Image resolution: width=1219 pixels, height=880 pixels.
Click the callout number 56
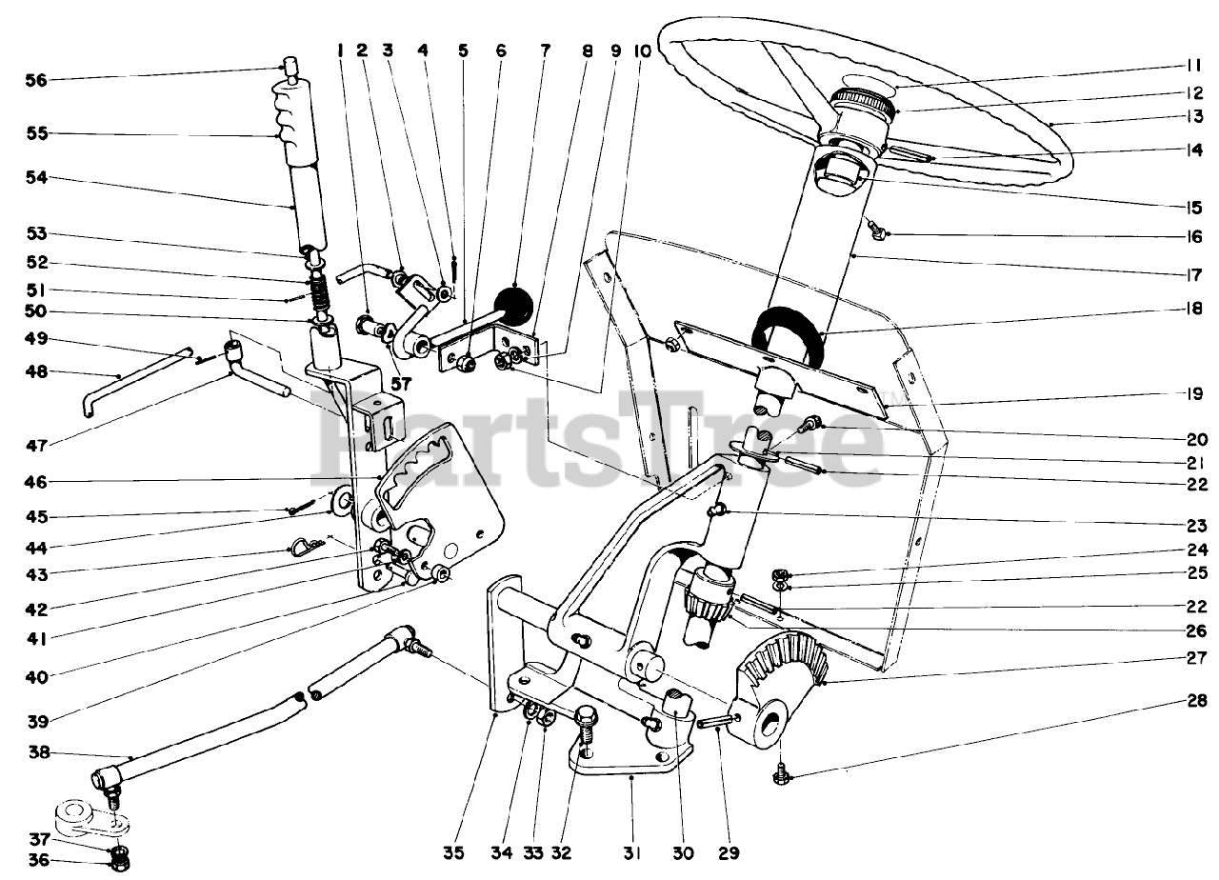(x=37, y=80)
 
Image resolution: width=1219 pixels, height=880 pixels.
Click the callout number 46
(x=37, y=482)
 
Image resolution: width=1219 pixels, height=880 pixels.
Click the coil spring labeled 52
(x=320, y=290)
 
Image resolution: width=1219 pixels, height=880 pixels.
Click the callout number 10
(x=644, y=50)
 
